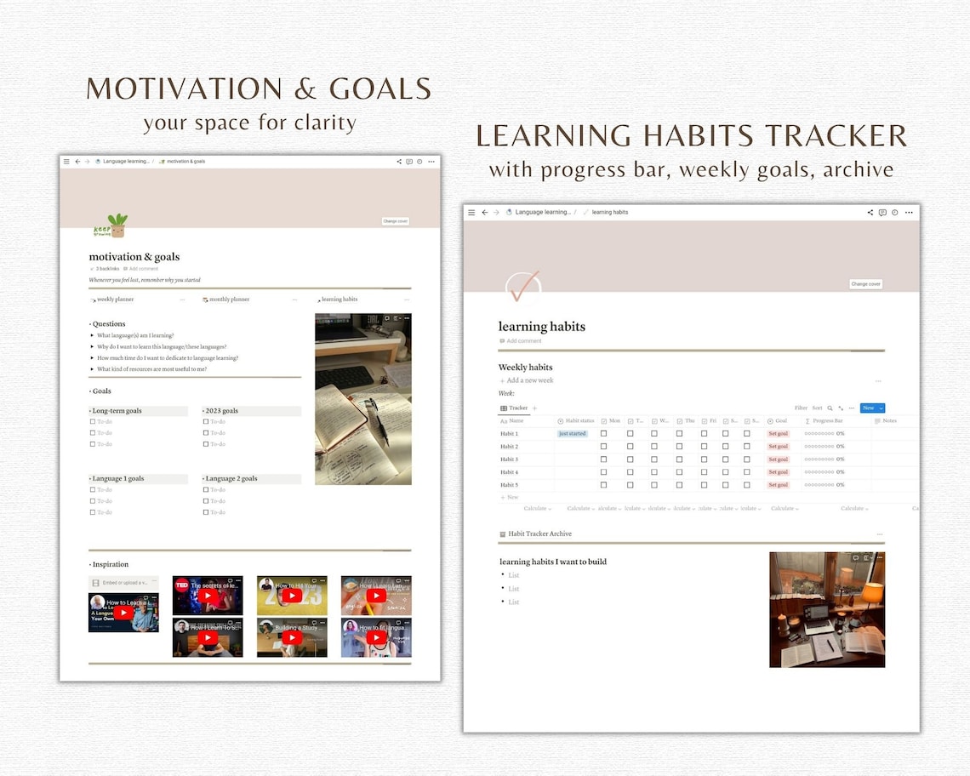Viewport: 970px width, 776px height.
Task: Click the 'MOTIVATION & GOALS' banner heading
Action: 259,89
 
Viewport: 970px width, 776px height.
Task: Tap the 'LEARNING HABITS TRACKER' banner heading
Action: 691,136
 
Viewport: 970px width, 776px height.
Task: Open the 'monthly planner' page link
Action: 228,300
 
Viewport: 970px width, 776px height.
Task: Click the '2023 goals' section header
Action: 223,411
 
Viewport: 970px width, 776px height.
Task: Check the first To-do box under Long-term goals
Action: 93,422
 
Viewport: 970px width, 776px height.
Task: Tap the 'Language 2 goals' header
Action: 231,479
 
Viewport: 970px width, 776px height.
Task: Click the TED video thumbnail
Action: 207,595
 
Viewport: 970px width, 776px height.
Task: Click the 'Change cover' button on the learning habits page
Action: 865,284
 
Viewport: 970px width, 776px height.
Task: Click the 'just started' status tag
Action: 573,434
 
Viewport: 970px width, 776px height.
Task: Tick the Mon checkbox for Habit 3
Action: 604,459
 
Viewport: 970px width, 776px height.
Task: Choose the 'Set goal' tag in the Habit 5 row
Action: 778,485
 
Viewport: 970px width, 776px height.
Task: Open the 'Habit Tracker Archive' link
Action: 539,534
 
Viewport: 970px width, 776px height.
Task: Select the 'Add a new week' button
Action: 529,380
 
